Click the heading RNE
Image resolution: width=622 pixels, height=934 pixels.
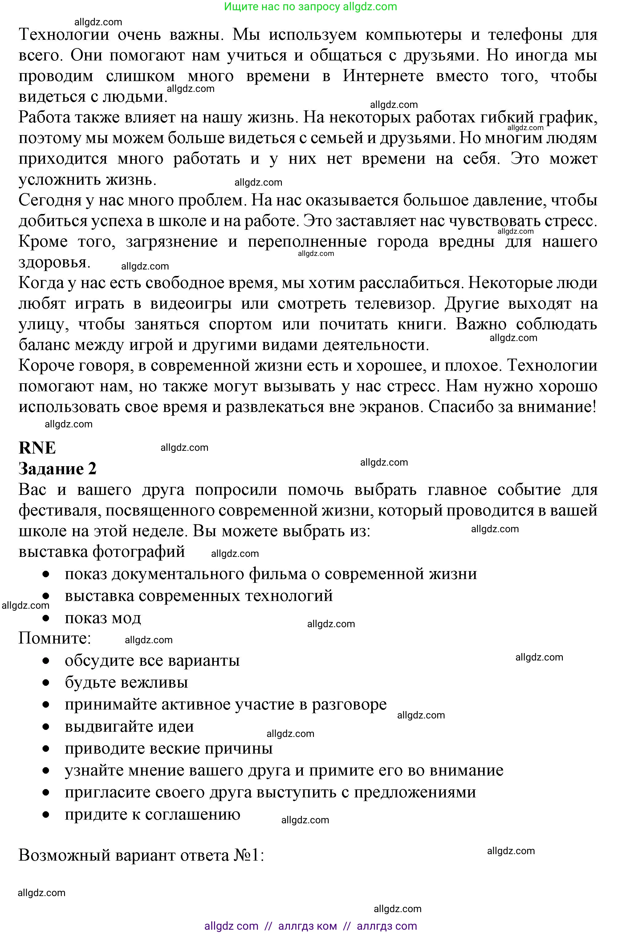pos(37,448)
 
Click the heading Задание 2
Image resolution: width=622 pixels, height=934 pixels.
pos(58,469)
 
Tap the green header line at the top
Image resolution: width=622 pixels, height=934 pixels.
pos(311,6)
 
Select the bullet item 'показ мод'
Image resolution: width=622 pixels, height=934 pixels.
pos(103,618)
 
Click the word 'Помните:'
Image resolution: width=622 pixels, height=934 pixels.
pos(55,638)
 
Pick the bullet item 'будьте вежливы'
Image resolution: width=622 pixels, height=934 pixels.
pos(126,682)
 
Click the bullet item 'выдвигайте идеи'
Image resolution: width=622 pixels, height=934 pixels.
pos(129,726)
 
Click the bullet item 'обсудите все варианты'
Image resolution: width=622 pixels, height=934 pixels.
pos(152,660)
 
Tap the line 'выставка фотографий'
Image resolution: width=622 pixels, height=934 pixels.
pos(102,551)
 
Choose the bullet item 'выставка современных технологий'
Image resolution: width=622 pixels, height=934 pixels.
pos(199,595)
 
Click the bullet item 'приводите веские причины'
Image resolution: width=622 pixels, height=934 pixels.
pos(169,748)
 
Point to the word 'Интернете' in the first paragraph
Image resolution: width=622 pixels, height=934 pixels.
pos(383,76)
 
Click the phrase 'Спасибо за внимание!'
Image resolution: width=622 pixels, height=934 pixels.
pos(512,406)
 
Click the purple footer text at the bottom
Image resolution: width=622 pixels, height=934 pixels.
pos(311,926)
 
